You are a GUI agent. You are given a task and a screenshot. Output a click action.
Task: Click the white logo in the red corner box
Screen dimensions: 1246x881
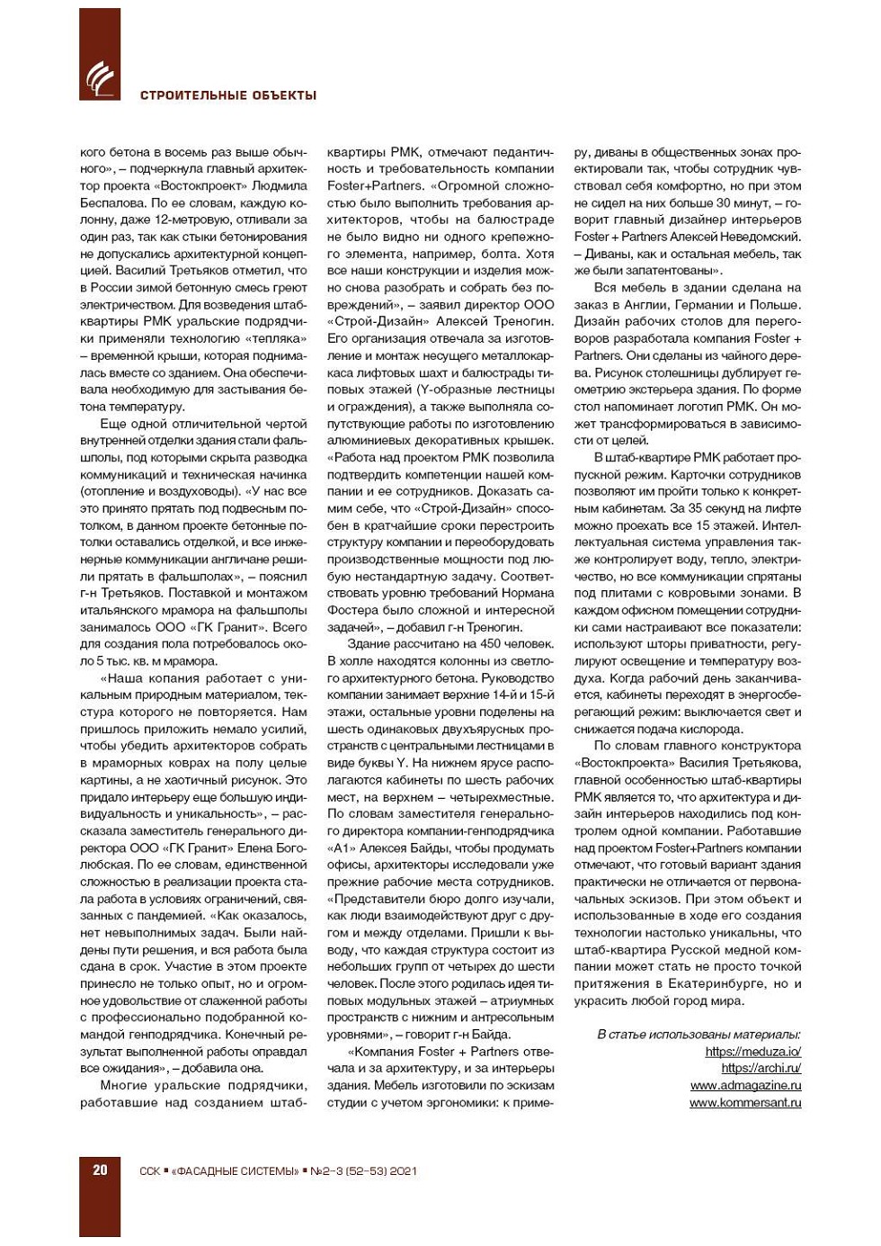tap(100, 78)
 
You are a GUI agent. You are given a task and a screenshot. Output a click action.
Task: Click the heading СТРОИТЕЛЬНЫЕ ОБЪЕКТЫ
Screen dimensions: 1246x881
tap(228, 95)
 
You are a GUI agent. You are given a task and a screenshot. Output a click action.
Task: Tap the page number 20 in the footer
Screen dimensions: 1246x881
tap(100, 1170)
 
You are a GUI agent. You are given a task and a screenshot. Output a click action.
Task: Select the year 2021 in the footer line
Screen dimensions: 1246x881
tap(404, 1171)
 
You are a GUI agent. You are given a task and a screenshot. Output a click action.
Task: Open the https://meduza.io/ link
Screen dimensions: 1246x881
tap(752, 1052)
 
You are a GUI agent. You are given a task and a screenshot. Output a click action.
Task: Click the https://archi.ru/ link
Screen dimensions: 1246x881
tap(761, 1069)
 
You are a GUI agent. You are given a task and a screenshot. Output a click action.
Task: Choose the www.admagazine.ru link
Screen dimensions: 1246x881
tap(745, 1086)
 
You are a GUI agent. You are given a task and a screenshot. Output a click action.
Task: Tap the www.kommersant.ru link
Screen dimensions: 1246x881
tap(745, 1103)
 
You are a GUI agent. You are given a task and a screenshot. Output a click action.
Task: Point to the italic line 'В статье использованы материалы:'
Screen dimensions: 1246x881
tap(699, 1035)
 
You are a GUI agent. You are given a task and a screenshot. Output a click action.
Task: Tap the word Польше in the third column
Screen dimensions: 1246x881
tap(778, 305)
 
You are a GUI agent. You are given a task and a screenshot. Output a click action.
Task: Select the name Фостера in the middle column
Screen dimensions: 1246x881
tap(354, 610)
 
